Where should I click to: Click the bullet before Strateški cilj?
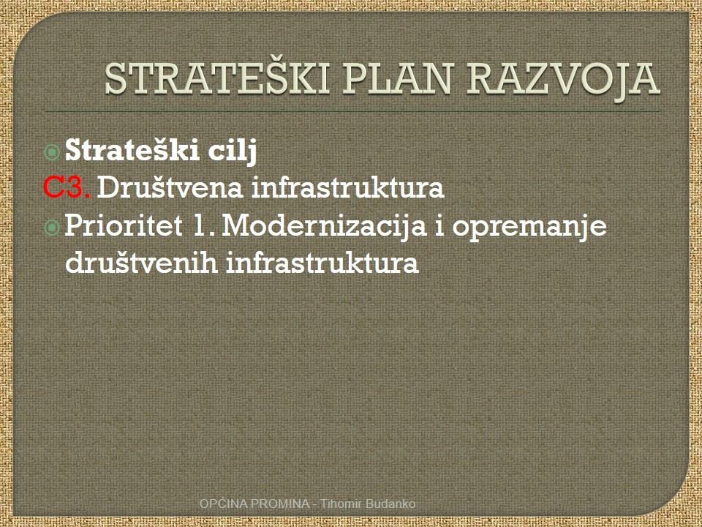coord(53,152)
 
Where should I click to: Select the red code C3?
coord(67,187)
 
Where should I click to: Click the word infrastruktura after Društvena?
coord(348,187)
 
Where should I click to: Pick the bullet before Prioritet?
coord(53,227)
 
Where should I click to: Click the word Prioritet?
coord(124,225)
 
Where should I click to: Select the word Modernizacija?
coord(324,226)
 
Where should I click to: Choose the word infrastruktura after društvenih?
coord(322,262)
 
